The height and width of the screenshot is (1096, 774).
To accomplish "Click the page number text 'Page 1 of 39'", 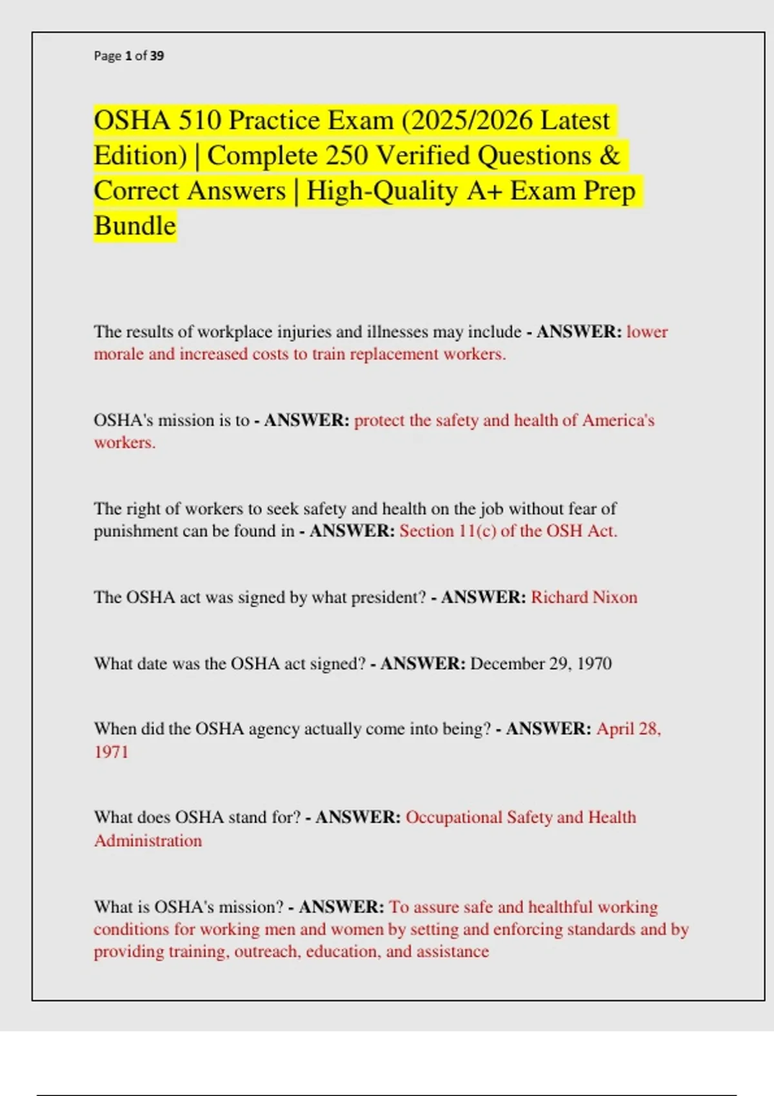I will coord(129,56).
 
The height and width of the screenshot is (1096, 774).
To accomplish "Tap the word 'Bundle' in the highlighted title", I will coord(135,226).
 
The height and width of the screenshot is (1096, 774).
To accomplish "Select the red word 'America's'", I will coord(619,420).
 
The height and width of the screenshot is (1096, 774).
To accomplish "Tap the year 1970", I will coord(594,663).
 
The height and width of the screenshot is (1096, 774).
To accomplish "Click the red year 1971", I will coord(111,752).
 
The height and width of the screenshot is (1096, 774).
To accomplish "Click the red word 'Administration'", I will coord(148,841).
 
